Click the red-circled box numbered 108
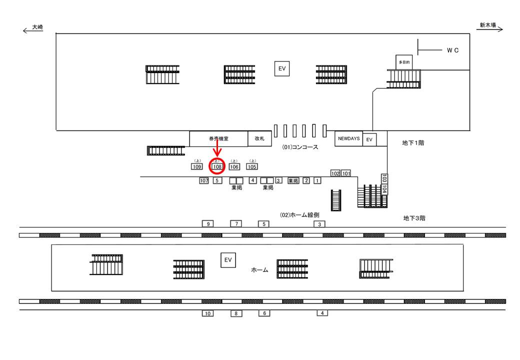click(x=217, y=166)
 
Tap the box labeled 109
click(x=196, y=166)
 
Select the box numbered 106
click(x=234, y=166)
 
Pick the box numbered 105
click(x=252, y=166)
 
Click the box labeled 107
click(x=203, y=180)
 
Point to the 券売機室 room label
click(x=218, y=139)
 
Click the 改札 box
click(x=259, y=139)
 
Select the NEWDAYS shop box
click(x=348, y=138)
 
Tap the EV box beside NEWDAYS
click(x=369, y=139)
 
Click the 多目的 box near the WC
click(x=404, y=62)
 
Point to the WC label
click(x=452, y=50)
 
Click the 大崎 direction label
click(x=37, y=27)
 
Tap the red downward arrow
click(x=217, y=148)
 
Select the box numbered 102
click(x=335, y=173)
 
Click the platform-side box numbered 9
click(x=208, y=224)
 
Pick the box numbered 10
click(x=208, y=313)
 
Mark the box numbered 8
click(x=236, y=313)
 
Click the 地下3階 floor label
click(x=414, y=218)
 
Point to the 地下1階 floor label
click(x=413, y=143)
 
